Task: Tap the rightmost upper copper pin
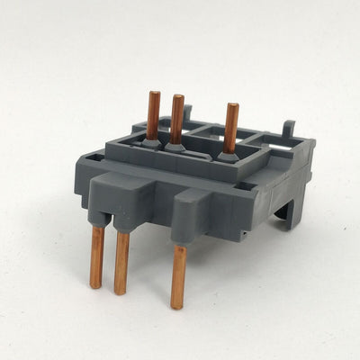coord(232,126)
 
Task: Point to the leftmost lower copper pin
coord(96,257)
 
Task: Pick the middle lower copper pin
coord(121,262)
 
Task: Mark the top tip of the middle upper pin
coord(178,97)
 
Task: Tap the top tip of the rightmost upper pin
coord(233,106)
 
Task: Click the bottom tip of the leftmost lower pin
coord(94,284)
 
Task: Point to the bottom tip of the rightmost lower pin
coord(176,305)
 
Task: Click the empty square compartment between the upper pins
coord(203,145)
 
